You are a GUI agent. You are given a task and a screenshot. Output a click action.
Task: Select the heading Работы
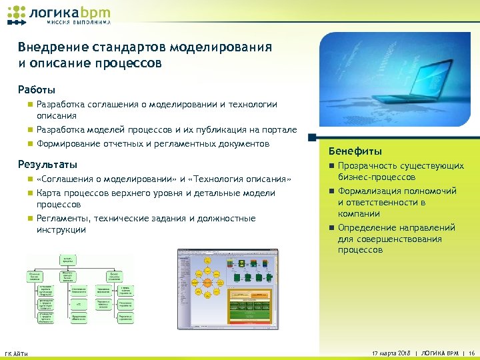tap(36, 89)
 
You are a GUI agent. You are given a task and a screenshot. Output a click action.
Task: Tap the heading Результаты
tap(47, 164)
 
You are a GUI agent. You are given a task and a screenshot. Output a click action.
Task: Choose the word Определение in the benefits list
tap(370, 227)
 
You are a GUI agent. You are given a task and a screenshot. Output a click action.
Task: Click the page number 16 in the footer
tap(471, 352)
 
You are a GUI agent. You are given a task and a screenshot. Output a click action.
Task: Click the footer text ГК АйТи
tap(16, 353)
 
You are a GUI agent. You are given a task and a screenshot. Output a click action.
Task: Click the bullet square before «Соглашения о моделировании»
tap(29, 179)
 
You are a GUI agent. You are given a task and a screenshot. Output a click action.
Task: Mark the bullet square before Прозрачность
tap(329, 165)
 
